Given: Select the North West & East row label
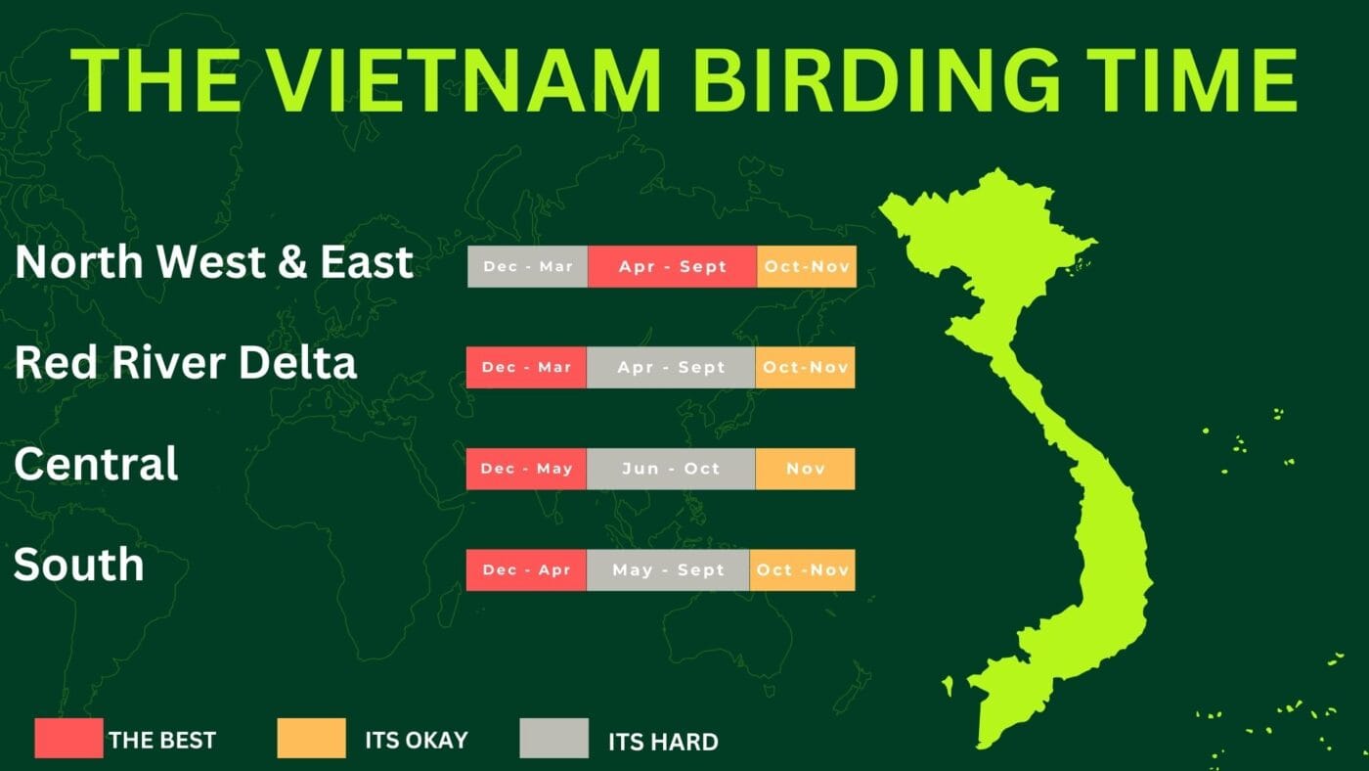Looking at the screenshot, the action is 214,261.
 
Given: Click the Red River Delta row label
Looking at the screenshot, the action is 185,362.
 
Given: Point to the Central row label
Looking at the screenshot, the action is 96,464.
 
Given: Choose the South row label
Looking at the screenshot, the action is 79,564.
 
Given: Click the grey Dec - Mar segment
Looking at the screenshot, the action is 527,266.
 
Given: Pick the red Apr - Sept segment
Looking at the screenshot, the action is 673,266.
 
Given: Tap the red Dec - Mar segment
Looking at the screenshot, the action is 526,368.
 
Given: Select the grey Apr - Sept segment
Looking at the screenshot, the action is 671,368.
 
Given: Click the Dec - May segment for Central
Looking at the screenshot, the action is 526,469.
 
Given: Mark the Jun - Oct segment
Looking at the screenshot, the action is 671,469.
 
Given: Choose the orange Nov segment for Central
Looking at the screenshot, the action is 806,469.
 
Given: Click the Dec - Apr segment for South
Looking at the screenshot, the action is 526,569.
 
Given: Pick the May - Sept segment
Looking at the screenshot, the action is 668,569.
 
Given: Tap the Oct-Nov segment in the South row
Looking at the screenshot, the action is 803,569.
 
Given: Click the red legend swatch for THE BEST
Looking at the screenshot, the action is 69,738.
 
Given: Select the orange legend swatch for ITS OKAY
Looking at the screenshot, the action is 312,738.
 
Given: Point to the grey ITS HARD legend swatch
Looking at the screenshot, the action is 554,738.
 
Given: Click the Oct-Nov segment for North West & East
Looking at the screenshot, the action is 807,266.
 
